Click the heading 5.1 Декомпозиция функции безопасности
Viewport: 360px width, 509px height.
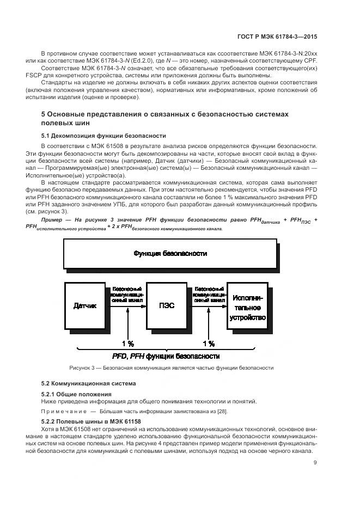coord(103,136)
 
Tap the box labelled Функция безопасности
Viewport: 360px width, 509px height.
coord(170,254)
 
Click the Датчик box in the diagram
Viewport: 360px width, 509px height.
coord(84,305)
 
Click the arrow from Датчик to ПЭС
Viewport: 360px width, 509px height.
coord(127,305)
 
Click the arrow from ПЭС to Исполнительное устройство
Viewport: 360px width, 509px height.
coord(210,305)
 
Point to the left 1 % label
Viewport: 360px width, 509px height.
coord(127,344)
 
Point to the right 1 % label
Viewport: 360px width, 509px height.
coord(209,344)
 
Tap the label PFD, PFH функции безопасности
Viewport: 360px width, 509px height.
coord(166,357)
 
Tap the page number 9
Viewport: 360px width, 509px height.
coord(315,463)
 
